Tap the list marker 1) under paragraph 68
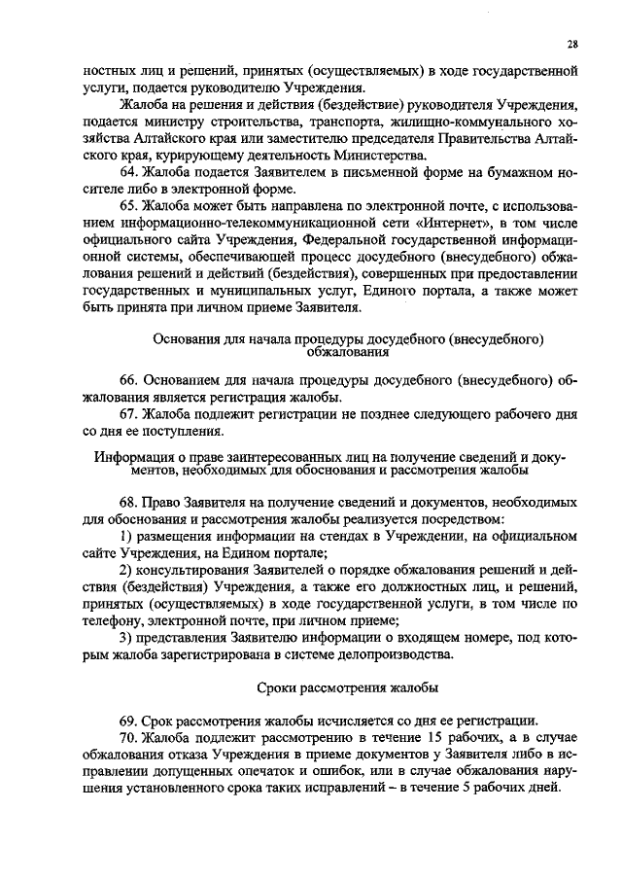point(125,537)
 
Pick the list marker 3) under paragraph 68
point(125,639)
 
